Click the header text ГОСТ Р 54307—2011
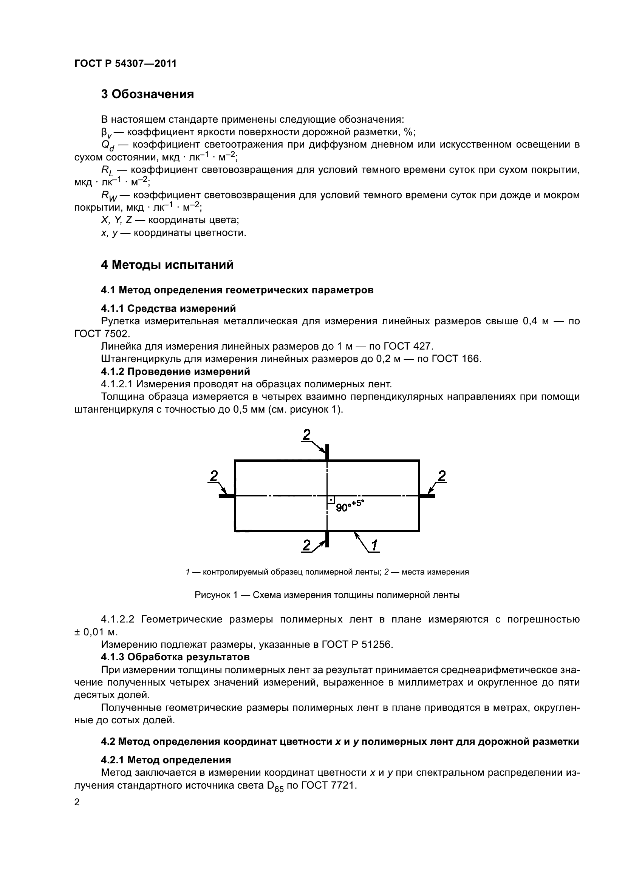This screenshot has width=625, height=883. pyautogui.click(x=125, y=63)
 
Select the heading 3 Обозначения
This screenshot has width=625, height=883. pyautogui.click(x=147, y=94)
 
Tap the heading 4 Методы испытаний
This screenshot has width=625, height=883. pyautogui.click(x=167, y=265)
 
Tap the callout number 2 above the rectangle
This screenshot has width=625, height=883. pyautogui.click(x=306, y=435)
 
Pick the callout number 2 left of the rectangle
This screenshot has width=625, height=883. pyautogui.click(x=213, y=476)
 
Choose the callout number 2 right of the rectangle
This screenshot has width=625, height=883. pyautogui.click(x=442, y=476)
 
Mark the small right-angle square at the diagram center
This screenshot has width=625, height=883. pyautogui.click(x=331, y=499)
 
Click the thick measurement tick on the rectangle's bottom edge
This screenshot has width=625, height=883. pyautogui.click(x=327, y=539)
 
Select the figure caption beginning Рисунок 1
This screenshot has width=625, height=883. pyautogui.click(x=327, y=595)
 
